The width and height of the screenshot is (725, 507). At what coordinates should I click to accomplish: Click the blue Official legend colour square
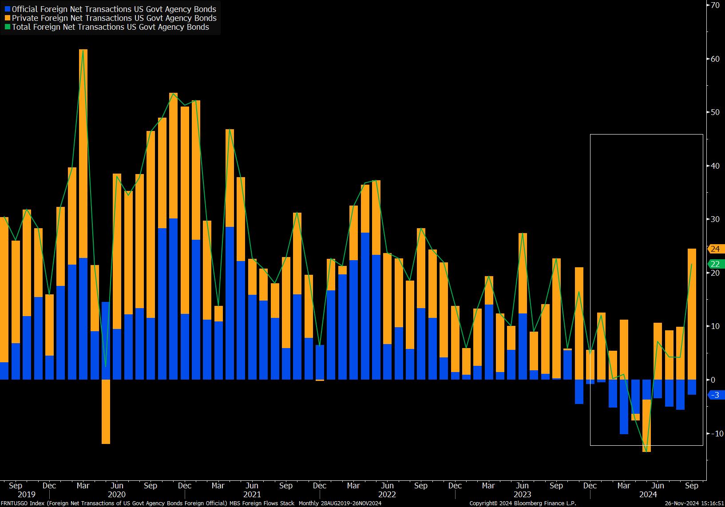8,9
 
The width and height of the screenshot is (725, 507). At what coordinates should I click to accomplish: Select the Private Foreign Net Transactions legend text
114,18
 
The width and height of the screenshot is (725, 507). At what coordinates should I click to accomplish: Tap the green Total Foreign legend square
8,27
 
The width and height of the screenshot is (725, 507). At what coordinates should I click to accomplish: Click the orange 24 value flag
715,249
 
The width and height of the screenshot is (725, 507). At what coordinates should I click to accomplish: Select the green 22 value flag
715,264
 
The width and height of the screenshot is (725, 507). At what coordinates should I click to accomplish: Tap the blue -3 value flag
715,395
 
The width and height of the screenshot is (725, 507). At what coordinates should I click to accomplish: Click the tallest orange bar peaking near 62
83,154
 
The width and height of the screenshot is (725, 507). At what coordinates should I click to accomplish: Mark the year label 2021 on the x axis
252,495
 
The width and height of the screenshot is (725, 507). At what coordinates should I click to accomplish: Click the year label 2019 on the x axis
27,495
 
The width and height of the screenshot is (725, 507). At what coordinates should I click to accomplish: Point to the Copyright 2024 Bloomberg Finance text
523,503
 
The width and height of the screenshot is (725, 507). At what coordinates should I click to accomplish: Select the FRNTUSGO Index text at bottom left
23,503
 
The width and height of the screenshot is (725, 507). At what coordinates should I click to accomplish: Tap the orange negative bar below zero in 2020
106,412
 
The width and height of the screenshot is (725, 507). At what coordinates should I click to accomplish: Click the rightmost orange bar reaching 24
692,314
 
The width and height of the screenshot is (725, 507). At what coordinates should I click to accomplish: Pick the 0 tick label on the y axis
713,380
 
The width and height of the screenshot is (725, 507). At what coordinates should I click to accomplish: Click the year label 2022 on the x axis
387,495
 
